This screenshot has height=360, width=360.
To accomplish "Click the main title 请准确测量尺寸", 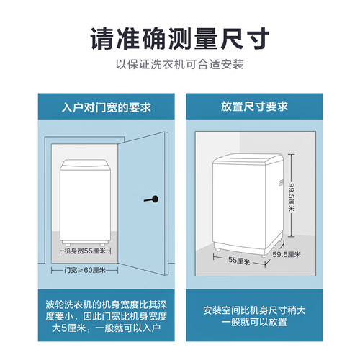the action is point(180,39).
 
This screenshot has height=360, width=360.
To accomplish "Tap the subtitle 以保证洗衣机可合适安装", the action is point(180,64).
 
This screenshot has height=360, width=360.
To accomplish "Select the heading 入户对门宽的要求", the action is point(107,107).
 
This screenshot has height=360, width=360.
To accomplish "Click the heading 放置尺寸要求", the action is point(254,107).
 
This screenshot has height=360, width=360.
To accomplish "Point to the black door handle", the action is point(151,199).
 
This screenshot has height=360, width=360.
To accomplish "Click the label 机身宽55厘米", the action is point(85,251).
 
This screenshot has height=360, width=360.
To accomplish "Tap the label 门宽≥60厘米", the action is point(85,270).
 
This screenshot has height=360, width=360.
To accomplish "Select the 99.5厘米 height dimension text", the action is point(292,197).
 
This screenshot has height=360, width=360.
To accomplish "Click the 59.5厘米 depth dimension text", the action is point(287,254).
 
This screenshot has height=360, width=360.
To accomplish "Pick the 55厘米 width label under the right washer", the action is point(239,261).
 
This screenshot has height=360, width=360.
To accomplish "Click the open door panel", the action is point(143,204).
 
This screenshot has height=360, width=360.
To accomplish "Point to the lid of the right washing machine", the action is point(248,159).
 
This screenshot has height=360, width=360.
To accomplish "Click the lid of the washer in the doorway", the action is point(85,165).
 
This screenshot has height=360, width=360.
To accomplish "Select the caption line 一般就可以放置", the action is point(254,322).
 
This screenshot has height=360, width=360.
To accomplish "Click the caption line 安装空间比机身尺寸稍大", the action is point(254,310).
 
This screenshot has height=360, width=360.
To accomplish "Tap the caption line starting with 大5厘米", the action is point(107,328).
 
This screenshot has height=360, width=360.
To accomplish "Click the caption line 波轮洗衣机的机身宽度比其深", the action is point(107,305).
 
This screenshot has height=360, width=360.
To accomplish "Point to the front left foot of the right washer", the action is point(218,249).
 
